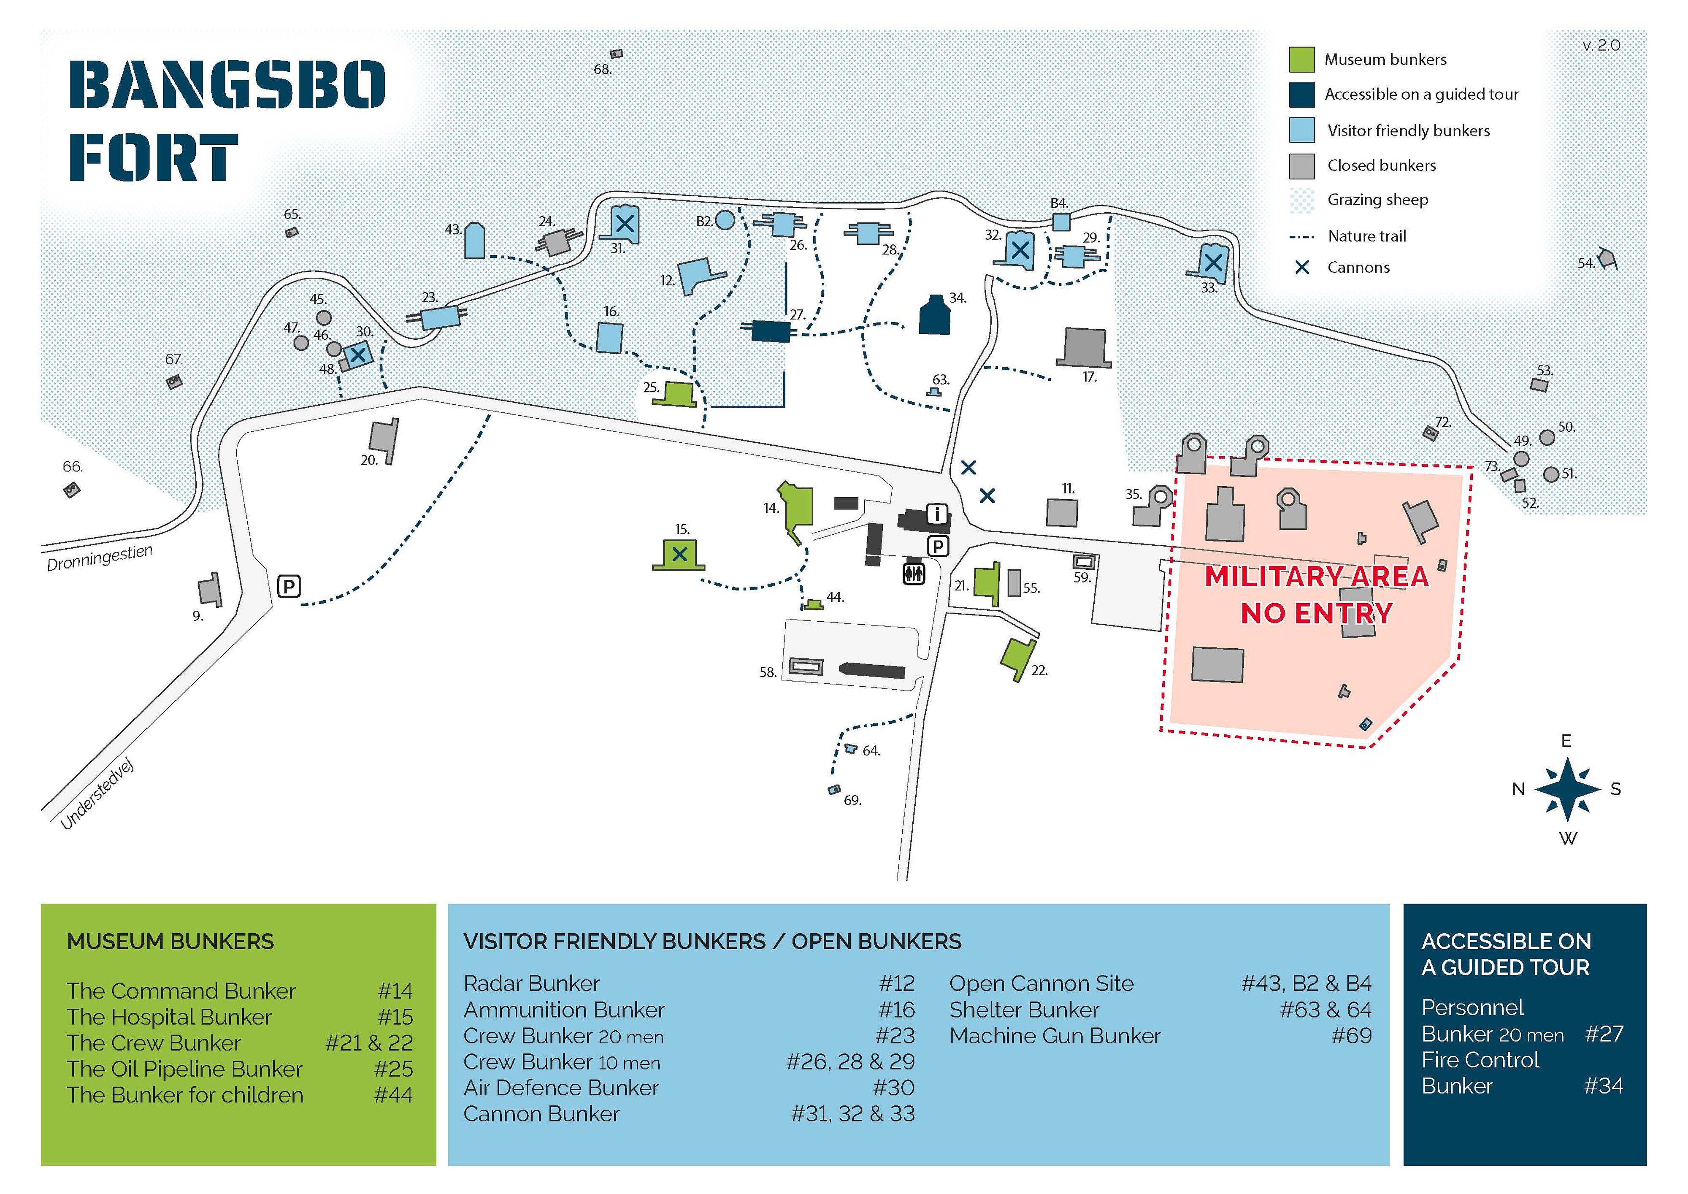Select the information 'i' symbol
point(937,514)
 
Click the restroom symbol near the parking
point(914,573)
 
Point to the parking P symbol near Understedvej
point(289,586)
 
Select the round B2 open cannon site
point(725,220)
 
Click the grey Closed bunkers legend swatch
point(1301,166)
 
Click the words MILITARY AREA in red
point(1316,577)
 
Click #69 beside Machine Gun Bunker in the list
point(1351,1036)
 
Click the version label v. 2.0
point(1601,46)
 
